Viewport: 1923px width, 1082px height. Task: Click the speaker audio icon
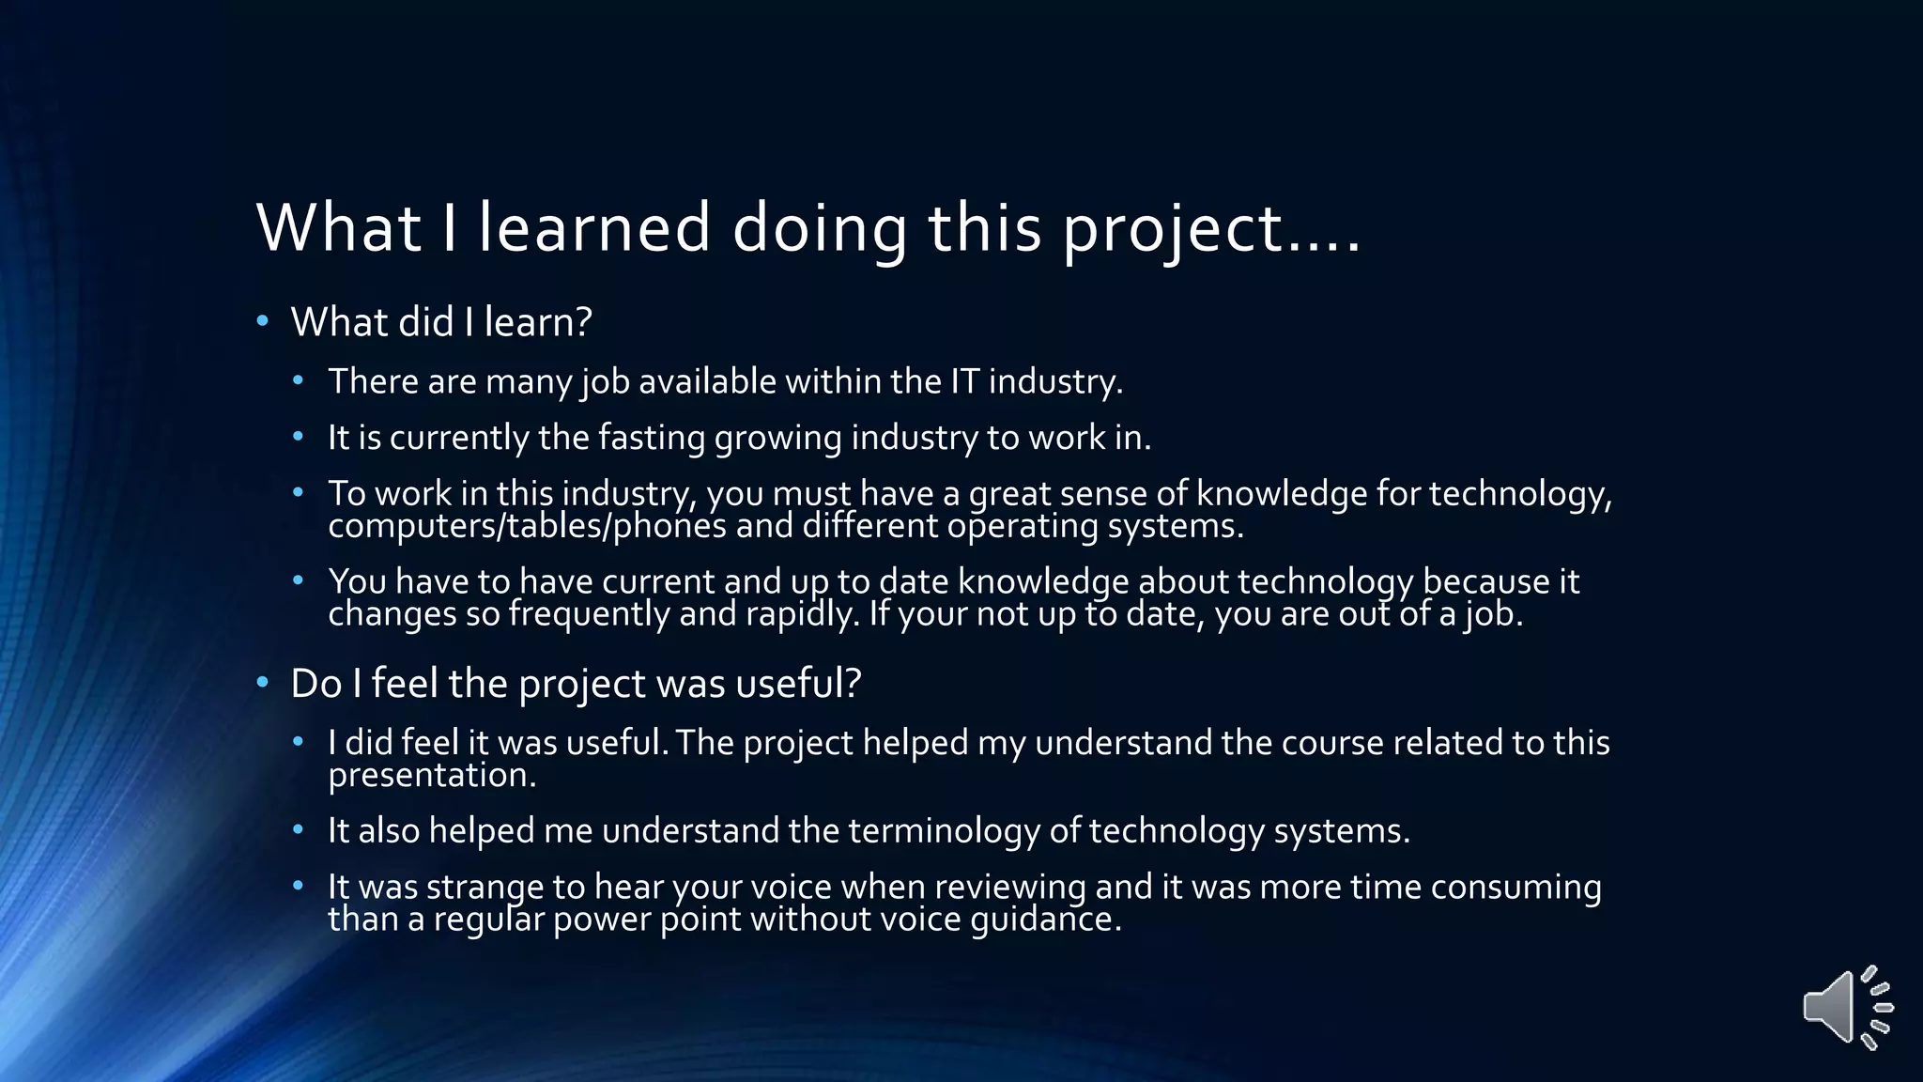point(1846,1007)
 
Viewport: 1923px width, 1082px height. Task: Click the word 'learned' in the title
point(594,227)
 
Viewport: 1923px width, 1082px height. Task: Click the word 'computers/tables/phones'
point(527,526)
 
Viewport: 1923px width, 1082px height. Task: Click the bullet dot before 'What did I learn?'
point(263,322)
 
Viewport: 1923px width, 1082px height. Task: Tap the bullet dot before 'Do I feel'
point(263,683)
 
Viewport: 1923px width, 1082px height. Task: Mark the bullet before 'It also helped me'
point(299,830)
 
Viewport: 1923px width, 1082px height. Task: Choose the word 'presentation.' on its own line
point(432,776)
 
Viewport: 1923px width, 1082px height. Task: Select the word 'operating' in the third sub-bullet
point(1022,526)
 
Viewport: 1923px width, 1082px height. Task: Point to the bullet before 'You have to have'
point(299,581)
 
